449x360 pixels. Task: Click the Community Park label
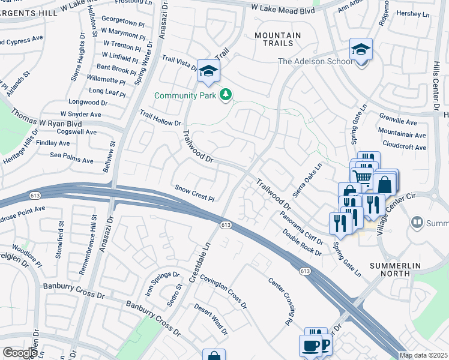click(x=186, y=95)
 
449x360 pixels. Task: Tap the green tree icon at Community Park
click(x=226, y=95)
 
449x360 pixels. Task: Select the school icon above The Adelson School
click(x=361, y=49)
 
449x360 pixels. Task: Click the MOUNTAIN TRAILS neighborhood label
click(x=277, y=40)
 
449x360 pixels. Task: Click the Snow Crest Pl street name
click(x=194, y=193)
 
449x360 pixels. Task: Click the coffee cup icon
click(x=311, y=346)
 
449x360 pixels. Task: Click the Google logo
click(x=19, y=353)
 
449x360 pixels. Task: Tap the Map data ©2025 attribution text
click(x=423, y=355)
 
